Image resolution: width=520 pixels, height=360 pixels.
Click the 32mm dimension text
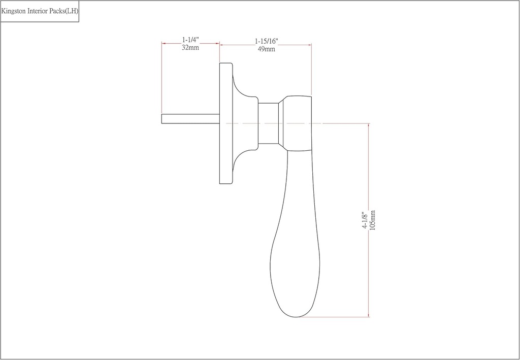click(190, 48)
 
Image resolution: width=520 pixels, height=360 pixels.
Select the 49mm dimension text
click(266, 49)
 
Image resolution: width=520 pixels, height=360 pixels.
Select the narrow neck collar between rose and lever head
click(268, 123)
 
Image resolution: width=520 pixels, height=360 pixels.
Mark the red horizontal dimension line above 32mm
click(190, 44)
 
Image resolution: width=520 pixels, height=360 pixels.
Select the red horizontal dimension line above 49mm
click(266, 45)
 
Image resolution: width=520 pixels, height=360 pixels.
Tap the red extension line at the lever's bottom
click(335, 317)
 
